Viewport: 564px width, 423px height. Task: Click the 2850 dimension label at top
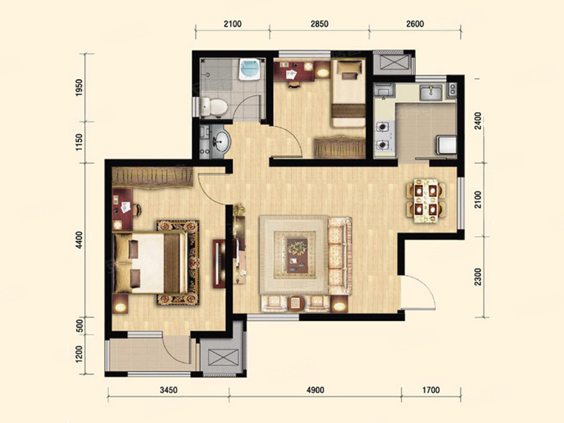(319, 24)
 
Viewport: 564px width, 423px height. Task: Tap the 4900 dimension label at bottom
(315, 390)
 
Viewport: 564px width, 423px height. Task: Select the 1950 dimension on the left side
(79, 87)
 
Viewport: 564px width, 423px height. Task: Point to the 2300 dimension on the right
(478, 277)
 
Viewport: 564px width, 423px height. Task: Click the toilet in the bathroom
(214, 107)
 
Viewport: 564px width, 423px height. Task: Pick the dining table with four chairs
(426, 201)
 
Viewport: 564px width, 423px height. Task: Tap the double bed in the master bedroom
(150, 263)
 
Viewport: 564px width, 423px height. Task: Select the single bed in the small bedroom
(348, 93)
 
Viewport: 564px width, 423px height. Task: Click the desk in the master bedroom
(122, 209)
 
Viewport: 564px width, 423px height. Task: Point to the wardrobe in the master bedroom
(153, 177)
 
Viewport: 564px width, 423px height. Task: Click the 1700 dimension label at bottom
(431, 390)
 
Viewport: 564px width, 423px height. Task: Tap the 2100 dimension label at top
(233, 24)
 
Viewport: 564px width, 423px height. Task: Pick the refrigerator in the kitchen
(446, 145)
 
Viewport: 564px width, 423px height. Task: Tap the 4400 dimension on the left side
(79, 240)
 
